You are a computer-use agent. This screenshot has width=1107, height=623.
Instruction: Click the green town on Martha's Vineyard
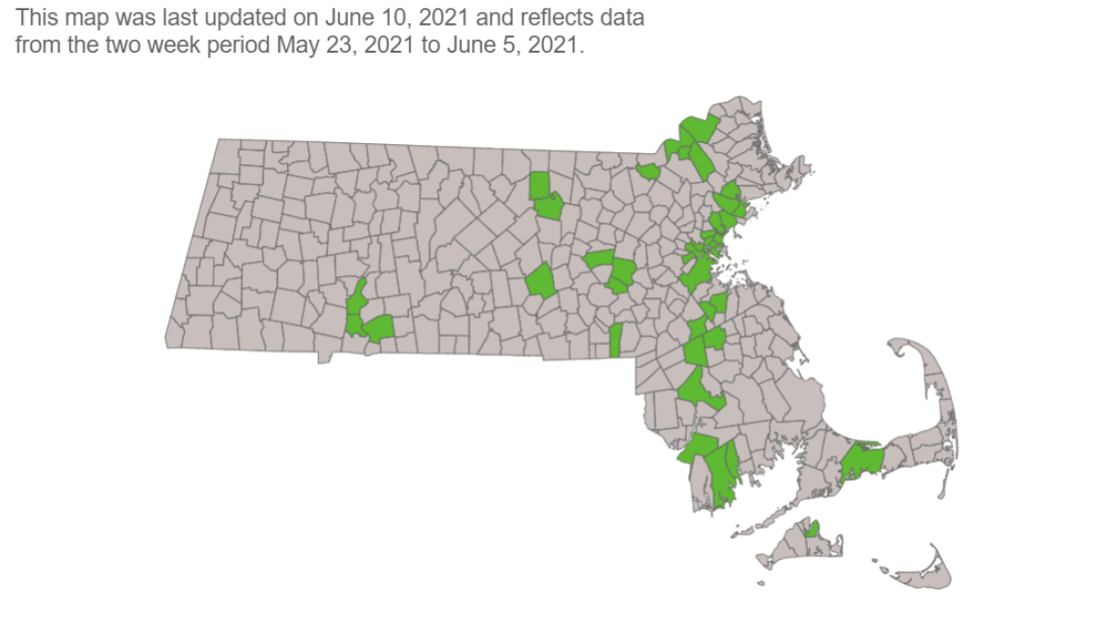point(812,528)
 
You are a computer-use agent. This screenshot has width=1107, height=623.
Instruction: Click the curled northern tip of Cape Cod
point(901,350)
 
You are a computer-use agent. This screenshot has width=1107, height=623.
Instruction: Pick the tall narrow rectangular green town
point(615,340)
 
